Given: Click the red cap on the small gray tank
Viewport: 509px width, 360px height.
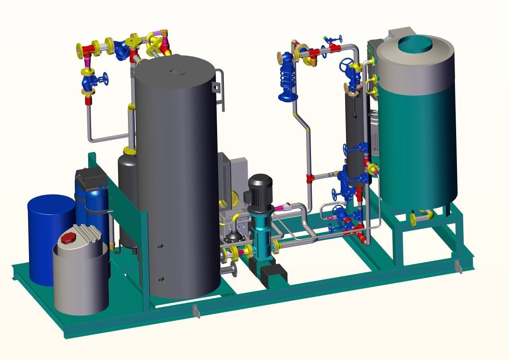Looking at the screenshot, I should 68,238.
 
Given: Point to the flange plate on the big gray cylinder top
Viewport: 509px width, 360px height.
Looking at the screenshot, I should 174,72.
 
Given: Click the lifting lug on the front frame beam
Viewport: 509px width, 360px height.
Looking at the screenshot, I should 196,311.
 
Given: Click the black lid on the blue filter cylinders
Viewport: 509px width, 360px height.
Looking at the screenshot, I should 91,178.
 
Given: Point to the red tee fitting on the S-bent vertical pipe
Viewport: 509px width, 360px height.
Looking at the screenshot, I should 310,177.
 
